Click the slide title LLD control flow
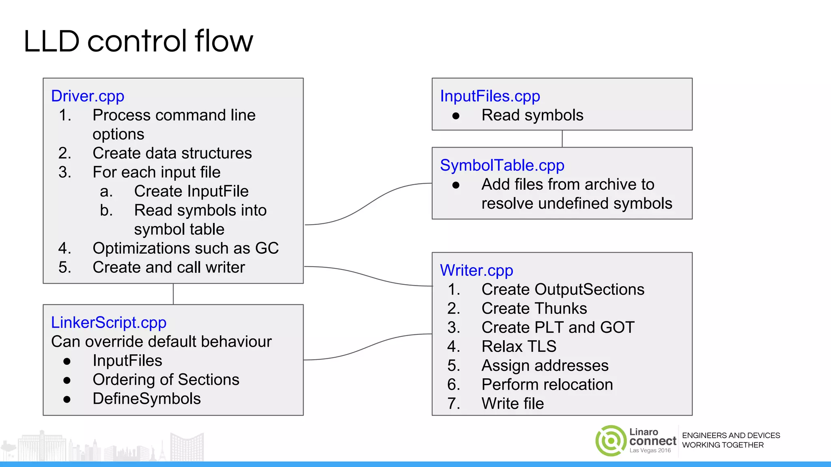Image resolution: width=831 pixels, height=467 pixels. pos(138,41)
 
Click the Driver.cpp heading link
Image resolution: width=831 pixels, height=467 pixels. pos(88,96)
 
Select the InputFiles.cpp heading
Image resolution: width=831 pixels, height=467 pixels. pos(490,96)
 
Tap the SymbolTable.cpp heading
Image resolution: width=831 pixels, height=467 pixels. pos(502,165)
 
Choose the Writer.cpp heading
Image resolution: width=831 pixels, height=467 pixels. pos(476,270)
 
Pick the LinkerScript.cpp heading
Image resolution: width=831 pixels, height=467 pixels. pos(108,323)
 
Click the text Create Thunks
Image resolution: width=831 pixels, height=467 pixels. pos(534,308)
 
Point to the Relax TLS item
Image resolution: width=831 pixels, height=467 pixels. pos(519,347)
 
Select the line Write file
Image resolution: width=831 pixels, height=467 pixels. pos(512,404)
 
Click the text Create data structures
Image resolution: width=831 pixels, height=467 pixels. pos(172,153)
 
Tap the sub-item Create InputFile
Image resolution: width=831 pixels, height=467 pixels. pos(191,191)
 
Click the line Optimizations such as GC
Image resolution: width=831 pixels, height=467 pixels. pos(185,248)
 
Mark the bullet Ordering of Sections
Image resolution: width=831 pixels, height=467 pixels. pos(166,380)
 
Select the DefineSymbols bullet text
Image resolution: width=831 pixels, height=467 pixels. pos(146,399)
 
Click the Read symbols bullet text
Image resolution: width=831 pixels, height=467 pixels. pos(532,115)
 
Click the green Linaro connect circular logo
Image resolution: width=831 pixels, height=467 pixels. pos(611,441)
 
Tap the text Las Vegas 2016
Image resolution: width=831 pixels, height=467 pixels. pos(650,450)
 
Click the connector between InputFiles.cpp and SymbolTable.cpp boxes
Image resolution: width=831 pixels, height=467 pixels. pos(562,139)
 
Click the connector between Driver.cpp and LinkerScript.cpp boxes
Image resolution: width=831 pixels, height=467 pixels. pos(173,294)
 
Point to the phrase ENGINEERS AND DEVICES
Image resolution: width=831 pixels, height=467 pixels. pos(731,435)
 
